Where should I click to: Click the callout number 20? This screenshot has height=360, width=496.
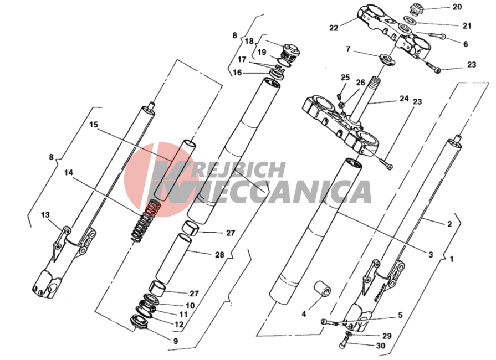(x=457, y=7)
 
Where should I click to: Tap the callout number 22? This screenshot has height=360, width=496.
(x=334, y=28)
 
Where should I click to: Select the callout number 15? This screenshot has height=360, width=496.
(x=94, y=125)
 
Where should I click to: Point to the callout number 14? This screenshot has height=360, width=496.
(x=68, y=173)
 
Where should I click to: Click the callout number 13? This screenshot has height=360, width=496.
(x=45, y=215)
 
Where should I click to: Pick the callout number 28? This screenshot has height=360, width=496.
(x=219, y=255)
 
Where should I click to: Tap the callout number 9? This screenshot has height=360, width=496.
(x=175, y=341)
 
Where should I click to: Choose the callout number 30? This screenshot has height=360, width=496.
(x=381, y=346)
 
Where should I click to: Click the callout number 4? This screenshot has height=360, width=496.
(x=304, y=314)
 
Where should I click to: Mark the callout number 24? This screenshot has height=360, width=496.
(x=404, y=99)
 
